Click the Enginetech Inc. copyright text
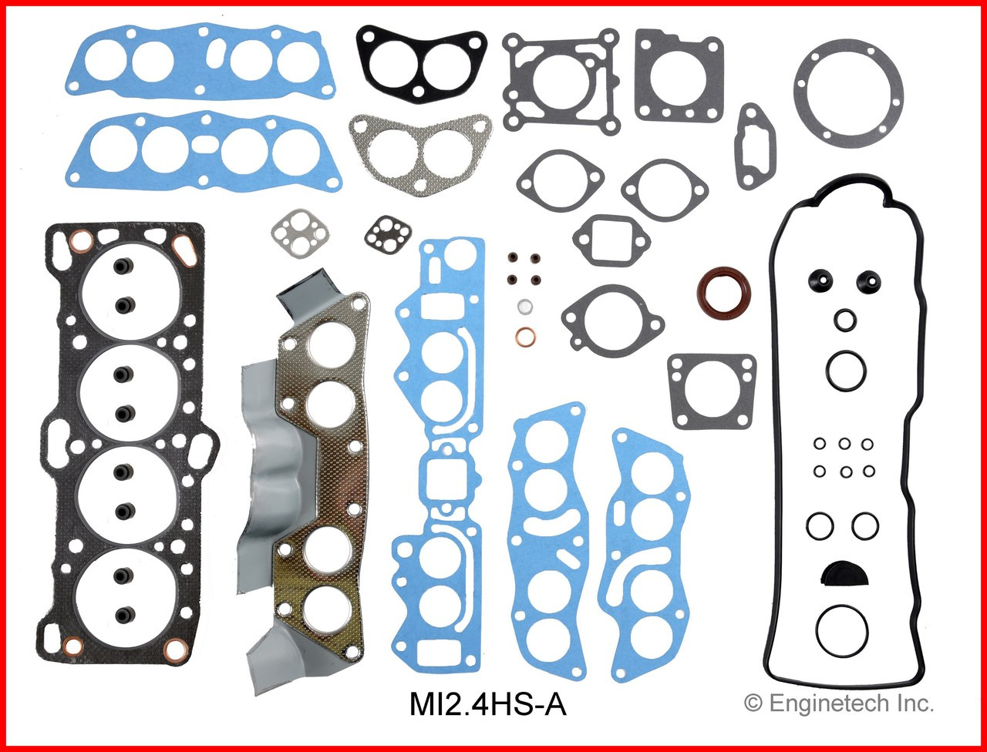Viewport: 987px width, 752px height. point(838,702)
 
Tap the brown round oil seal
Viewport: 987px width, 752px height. point(723,292)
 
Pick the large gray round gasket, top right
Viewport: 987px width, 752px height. point(848,94)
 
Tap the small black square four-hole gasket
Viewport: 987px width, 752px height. point(382,233)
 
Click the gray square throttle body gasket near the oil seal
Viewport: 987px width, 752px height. point(712,391)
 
